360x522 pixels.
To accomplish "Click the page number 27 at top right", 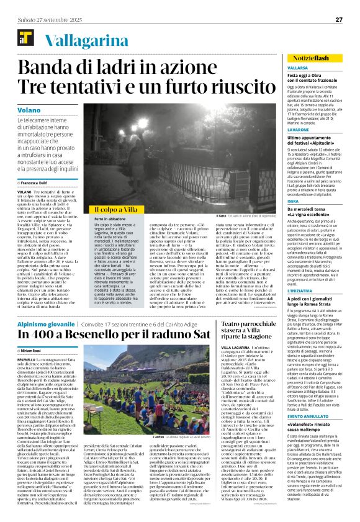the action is coord(339,19).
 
